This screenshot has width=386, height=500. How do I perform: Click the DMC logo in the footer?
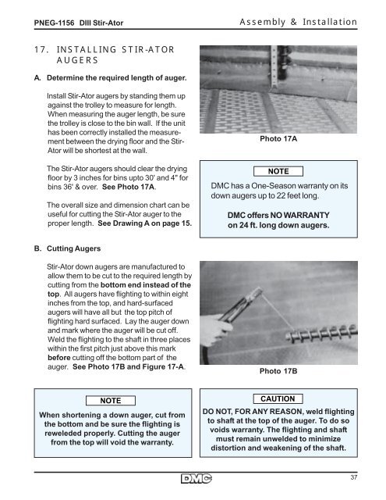pos(197,479)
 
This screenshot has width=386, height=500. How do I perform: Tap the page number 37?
pos(353,477)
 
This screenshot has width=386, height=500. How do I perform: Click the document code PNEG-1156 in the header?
pos(54,23)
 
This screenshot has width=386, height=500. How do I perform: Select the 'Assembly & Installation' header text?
pos(298,22)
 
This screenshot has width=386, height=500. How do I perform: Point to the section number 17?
pos(41,50)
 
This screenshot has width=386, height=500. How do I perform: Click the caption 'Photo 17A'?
pos(278,139)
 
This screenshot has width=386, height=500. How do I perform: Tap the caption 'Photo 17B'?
pos(278,371)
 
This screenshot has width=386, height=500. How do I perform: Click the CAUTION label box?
pos(278,399)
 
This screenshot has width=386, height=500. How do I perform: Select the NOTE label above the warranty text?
pos(278,171)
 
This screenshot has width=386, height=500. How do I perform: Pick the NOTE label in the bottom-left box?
pos(111,401)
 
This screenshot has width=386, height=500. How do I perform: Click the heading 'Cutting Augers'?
pos(73,248)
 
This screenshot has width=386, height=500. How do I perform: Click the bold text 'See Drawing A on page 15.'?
pos(145,223)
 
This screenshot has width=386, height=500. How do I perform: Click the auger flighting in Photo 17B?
pos(321,332)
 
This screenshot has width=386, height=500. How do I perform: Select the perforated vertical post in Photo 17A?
pos(273,67)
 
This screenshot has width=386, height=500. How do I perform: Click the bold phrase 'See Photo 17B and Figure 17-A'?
pos(128,366)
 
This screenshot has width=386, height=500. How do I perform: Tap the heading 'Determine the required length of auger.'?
pos(117,78)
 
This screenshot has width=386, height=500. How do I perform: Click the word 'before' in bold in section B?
pos(58,358)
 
